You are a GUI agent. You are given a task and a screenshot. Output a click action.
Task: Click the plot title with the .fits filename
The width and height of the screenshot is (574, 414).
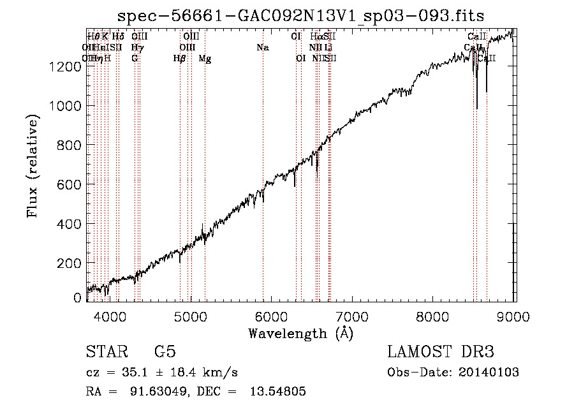302,16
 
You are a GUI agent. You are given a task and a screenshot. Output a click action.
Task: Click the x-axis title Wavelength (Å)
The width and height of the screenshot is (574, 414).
300,333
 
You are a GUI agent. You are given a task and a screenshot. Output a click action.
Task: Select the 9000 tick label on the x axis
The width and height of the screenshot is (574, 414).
514,316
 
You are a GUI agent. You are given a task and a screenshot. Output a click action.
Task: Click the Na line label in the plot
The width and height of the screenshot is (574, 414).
263,47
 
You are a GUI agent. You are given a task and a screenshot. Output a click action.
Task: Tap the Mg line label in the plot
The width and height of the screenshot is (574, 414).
205,59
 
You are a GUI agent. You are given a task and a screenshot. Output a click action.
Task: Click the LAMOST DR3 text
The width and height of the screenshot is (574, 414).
440,352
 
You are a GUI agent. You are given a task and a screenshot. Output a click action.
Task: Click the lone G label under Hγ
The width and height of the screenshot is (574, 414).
135,59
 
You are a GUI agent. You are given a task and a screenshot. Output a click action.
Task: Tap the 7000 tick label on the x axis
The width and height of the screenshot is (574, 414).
353,316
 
